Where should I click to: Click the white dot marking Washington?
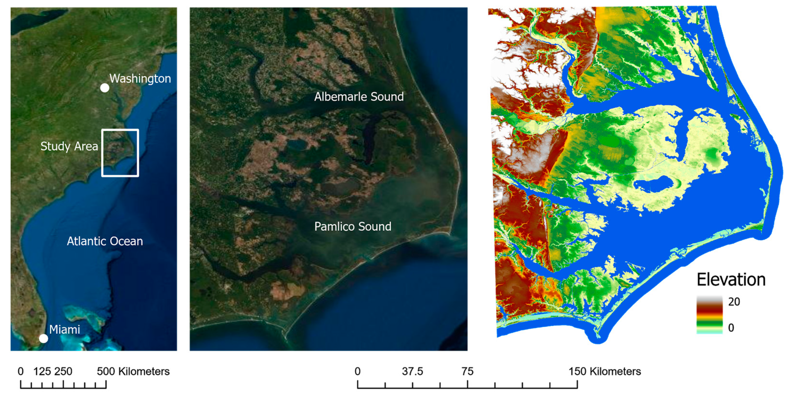click(105, 88)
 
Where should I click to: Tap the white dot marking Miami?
click(44, 339)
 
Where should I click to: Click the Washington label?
click(140, 78)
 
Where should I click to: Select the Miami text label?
click(64, 330)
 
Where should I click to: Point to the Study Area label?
click(69, 146)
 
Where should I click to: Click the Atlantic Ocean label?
click(105, 241)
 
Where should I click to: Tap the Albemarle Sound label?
click(359, 97)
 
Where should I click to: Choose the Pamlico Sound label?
click(353, 227)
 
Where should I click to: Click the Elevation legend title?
click(731, 280)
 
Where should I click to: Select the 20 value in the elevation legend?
click(734, 302)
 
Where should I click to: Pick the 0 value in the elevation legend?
click(731, 328)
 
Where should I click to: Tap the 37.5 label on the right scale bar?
click(412, 371)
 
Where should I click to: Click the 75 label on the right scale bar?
click(467, 371)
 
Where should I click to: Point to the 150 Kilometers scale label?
click(605, 371)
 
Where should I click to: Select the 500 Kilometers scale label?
click(133, 371)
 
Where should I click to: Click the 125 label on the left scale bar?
click(42, 371)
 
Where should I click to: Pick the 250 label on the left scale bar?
click(63, 371)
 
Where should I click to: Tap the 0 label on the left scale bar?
click(21, 371)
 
